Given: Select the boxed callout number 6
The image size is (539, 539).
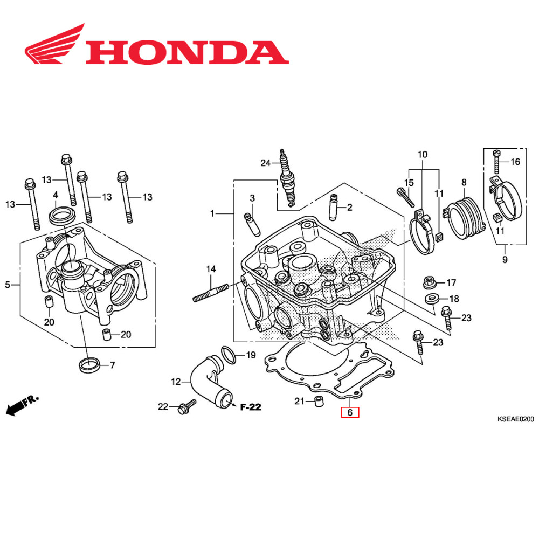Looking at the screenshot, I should click(x=349, y=413).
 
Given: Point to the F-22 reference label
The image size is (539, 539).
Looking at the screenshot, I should click(x=250, y=407).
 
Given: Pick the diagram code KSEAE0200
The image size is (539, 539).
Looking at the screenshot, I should click(x=515, y=419).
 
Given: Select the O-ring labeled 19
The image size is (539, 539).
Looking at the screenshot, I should click(x=229, y=355).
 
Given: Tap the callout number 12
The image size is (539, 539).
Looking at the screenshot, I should click(x=176, y=382).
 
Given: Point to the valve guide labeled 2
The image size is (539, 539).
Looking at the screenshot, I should click(x=333, y=207).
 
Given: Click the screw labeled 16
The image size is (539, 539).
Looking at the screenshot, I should click(x=497, y=161).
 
